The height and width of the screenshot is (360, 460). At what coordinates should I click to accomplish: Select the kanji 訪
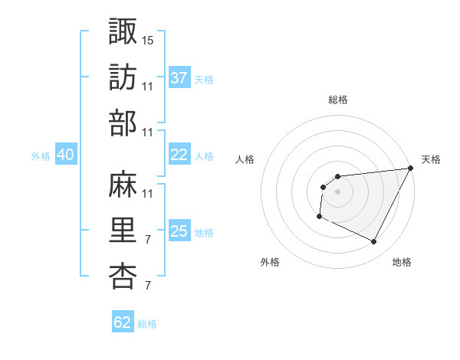123,77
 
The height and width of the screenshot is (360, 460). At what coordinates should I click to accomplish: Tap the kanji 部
123,123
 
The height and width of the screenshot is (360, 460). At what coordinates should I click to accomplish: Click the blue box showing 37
179,78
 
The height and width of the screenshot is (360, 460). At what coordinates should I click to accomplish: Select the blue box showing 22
179,155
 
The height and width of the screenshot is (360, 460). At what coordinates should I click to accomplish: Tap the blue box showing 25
179,231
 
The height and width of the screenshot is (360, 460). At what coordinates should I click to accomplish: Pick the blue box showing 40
65,155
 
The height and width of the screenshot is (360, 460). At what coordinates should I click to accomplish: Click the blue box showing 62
123,322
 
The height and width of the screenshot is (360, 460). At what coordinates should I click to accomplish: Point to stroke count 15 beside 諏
148,39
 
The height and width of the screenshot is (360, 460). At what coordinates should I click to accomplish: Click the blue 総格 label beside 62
147,324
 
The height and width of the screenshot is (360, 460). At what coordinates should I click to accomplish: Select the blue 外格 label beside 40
41,156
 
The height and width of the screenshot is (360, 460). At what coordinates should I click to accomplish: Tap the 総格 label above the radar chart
337,100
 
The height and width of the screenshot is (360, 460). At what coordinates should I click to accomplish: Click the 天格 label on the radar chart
431,159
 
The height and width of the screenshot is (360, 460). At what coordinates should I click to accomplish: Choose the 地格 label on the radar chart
402,262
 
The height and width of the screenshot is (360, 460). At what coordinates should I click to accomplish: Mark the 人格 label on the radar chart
245,159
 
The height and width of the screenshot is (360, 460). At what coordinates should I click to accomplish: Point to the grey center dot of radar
337,191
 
